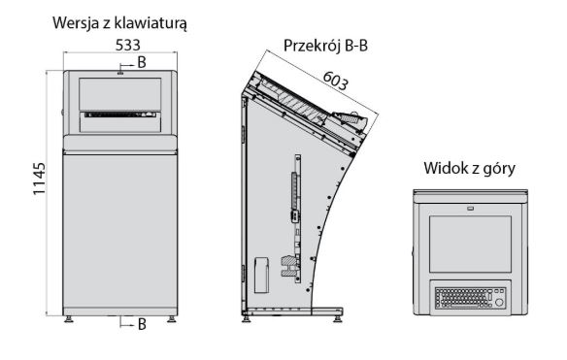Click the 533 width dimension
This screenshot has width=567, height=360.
(x=120, y=45)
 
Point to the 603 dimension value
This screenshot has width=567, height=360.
(x=334, y=85)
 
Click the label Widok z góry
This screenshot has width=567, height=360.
(x=469, y=168)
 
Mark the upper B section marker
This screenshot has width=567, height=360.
(x=142, y=63)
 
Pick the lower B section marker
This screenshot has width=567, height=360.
(x=142, y=324)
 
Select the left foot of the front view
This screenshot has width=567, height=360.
(x=69, y=316)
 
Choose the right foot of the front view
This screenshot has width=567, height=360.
(x=172, y=316)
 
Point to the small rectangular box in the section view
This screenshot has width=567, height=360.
(x=260, y=274)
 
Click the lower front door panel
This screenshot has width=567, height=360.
(x=120, y=233)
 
